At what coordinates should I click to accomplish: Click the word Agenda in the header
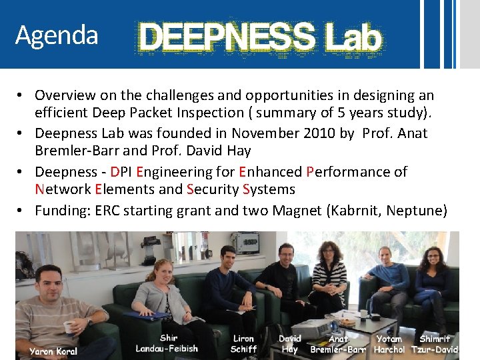point(57,35)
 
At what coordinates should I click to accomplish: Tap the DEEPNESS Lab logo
point(259,38)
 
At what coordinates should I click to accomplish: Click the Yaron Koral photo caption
point(53,351)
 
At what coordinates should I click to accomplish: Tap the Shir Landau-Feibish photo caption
point(167,343)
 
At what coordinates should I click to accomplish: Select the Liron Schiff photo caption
point(243,344)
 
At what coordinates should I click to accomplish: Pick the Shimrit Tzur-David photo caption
point(435,344)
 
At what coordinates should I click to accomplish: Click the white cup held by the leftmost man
point(68,327)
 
